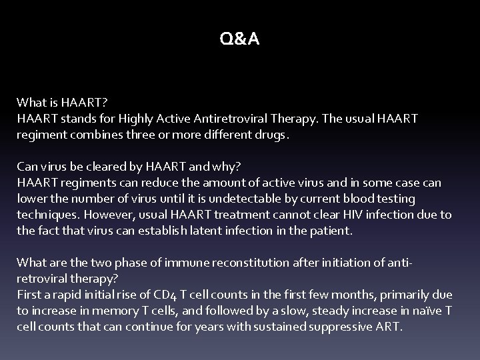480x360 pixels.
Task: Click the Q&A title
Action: tap(240, 40)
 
